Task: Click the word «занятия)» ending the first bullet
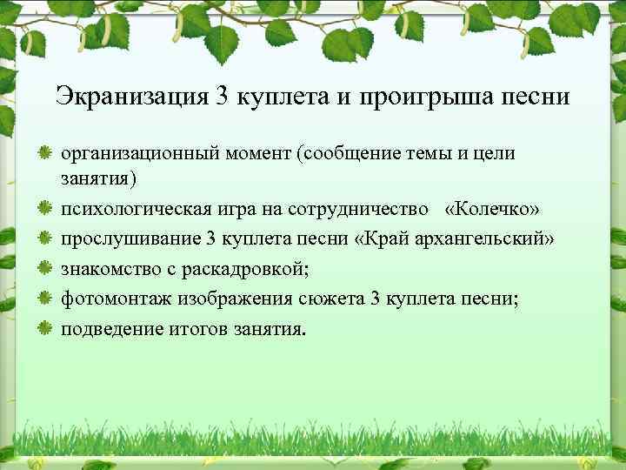98,178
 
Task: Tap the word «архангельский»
488,239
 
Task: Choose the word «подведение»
104,329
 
